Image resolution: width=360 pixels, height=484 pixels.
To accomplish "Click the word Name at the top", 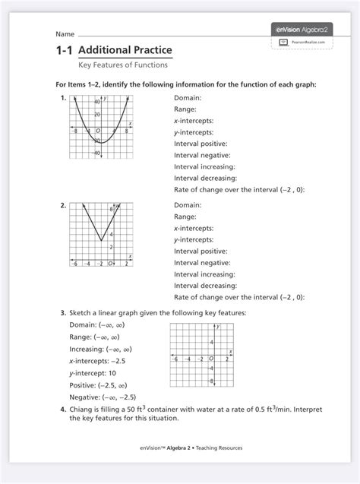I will click(x=65, y=35).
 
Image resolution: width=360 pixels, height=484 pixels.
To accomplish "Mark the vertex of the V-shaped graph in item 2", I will click(x=101, y=241).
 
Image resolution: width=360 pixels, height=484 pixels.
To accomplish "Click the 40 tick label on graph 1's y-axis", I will click(x=96, y=101).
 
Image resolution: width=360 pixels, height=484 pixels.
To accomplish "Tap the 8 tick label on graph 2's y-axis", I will click(x=111, y=208).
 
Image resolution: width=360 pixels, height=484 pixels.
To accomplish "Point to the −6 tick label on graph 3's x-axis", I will click(x=176, y=359).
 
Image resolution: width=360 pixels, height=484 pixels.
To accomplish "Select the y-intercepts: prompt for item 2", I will click(x=194, y=239).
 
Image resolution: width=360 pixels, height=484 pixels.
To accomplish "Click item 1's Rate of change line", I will click(x=239, y=189).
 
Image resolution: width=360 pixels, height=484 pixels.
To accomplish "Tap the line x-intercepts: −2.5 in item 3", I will click(x=103, y=361).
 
